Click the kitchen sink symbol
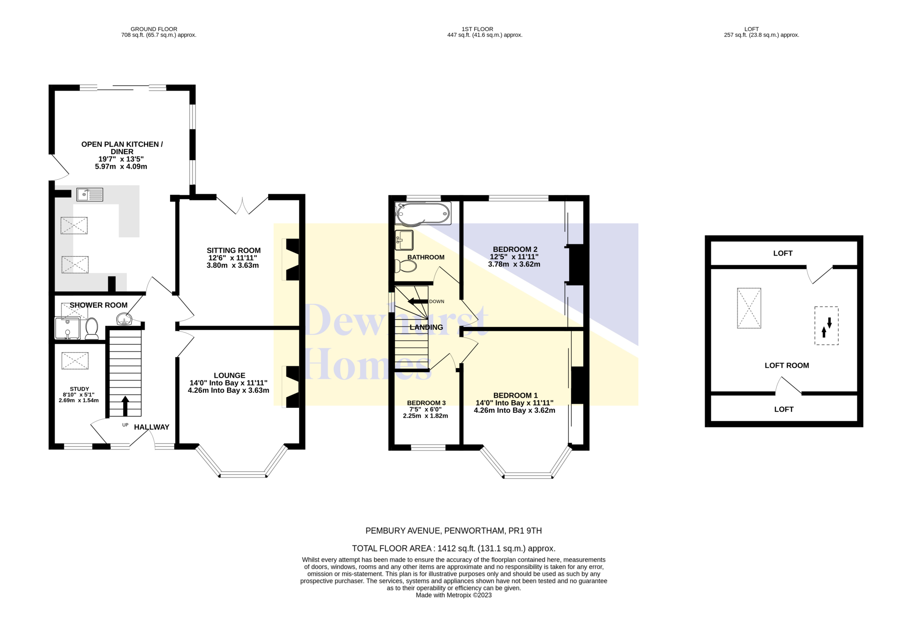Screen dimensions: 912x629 (90, 195)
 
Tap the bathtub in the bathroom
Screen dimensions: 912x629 (423, 213)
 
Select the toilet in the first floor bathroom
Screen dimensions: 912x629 (405, 265)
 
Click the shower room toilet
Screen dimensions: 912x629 (92, 328)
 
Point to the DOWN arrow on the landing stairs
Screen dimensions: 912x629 (418, 302)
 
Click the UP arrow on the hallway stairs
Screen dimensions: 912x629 (125, 406)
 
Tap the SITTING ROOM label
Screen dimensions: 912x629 (233, 250)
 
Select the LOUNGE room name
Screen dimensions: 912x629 (229, 375)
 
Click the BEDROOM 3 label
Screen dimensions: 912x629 (426, 403)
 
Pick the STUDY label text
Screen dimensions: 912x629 (79, 389)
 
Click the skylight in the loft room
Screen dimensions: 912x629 (749, 308)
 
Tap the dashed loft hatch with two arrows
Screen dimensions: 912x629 (826, 326)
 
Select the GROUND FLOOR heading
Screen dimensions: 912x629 (154, 29)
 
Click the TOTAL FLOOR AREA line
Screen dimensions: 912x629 (454, 548)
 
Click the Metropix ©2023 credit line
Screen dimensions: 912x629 (454, 595)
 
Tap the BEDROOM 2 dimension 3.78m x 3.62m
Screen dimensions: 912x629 (514, 264)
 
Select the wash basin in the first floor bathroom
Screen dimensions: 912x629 (404, 240)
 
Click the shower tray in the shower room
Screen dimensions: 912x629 (67, 328)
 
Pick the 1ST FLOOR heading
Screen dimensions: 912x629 (477, 29)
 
